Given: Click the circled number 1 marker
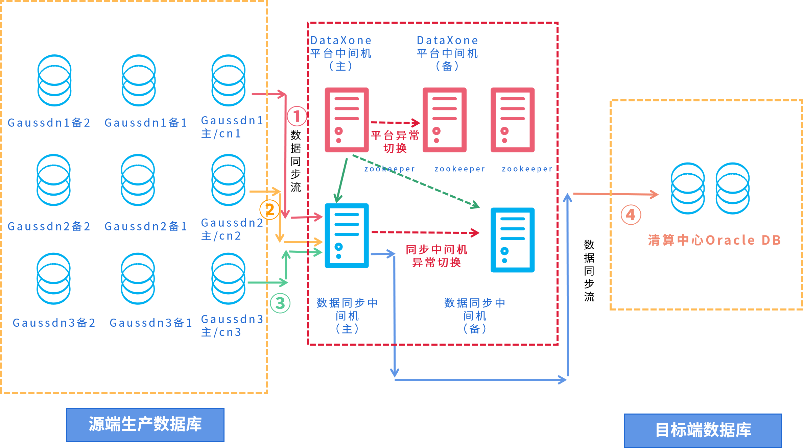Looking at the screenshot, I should click(297, 116).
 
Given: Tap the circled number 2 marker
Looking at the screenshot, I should click(269, 209).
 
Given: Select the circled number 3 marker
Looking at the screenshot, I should click(280, 303).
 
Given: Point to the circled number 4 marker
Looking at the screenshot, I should click(631, 215).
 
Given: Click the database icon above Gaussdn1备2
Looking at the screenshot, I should click(54, 80).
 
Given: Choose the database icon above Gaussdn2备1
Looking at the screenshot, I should click(138, 180).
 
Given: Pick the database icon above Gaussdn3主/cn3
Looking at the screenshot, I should click(229, 278).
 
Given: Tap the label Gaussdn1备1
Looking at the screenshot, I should click(146, 123).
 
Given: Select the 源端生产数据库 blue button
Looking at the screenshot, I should click(145, 425).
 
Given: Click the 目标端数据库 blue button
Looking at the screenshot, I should click(703, 430).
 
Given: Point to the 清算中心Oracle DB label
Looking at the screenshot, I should click(714, 240).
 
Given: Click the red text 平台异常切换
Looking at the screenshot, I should click(395, 142).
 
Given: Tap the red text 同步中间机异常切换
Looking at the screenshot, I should click(436, 256).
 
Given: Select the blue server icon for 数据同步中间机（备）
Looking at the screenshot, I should click(513, 240).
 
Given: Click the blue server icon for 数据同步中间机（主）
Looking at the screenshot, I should click(347, 235).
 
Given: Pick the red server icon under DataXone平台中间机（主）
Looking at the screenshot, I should click(347, 120).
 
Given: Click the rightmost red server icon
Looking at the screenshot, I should click(513, 120).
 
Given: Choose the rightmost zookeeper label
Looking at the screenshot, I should click(527, 169).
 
